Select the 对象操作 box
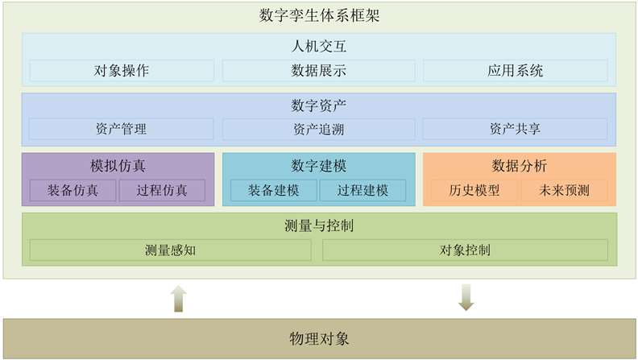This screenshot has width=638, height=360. (122, 70)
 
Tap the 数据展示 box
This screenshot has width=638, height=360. (318, 70)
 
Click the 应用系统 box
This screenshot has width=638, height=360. (515, 70)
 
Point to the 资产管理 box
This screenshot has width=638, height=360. (122, 129)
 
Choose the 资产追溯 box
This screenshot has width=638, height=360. (318, 129)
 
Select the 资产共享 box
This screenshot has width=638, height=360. (515, 129)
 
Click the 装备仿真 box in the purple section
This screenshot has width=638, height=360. (73, 191)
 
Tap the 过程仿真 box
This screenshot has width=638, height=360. (162, 191)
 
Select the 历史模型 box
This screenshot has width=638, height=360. (474, 191)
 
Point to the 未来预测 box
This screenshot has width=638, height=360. (564, 191)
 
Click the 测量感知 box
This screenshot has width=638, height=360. (171, 250)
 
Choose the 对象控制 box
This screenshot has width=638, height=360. (465, 250)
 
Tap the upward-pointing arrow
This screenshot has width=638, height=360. (179, 298)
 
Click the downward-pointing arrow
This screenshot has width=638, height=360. (466, 297)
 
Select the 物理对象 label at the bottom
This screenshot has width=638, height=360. (319, 338)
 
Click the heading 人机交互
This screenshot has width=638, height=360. (319, 47)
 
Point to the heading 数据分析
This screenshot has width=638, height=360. (520, 166)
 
